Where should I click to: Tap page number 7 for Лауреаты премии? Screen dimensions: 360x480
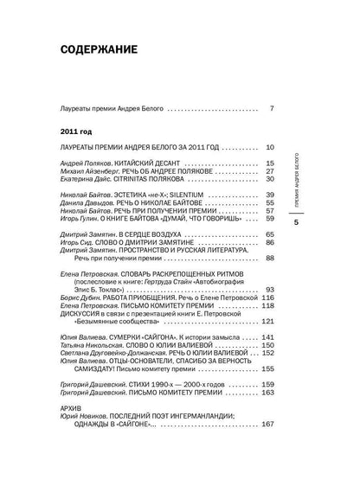tap(271, 109)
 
